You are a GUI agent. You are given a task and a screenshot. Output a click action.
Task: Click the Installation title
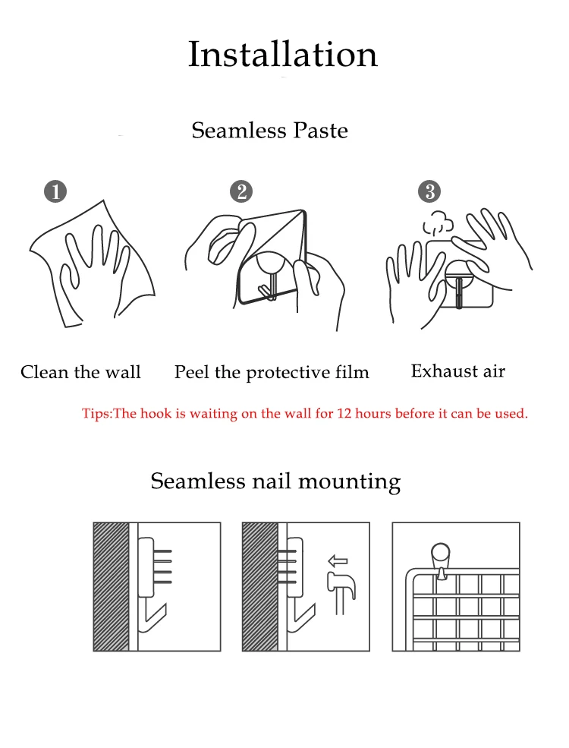(x=283, y=55)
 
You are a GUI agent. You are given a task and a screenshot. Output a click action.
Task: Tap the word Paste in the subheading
(x=320, y=130)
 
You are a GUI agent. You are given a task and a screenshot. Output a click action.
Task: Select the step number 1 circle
(x=55, y=192)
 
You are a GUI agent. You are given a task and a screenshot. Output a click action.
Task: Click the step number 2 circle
(x=241, y=192)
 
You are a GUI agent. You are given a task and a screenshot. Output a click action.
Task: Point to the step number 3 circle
(x=429, y=192)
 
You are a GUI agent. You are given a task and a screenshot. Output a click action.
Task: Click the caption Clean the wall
(x=80, y=372)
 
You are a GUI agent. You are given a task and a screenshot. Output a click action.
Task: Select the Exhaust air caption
(x=458, y=371)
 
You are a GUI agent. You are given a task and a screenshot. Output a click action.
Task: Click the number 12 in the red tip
(x=344, y=413)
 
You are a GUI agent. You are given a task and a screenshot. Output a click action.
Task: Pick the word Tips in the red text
(x=96, y=413)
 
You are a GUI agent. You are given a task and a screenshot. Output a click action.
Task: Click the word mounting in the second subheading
(x=349, y=481)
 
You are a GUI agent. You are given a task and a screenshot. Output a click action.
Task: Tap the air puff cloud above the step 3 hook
(x=438, y=224)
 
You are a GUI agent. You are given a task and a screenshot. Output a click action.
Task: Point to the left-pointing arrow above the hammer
(x=338, y=560)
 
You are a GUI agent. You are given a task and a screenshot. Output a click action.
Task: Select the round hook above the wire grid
(x=441, y=561)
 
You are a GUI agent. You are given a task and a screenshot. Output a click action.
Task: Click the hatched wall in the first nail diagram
(x=111, y=587)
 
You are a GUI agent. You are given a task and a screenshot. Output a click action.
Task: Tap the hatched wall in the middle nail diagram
(x=260, y=587)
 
